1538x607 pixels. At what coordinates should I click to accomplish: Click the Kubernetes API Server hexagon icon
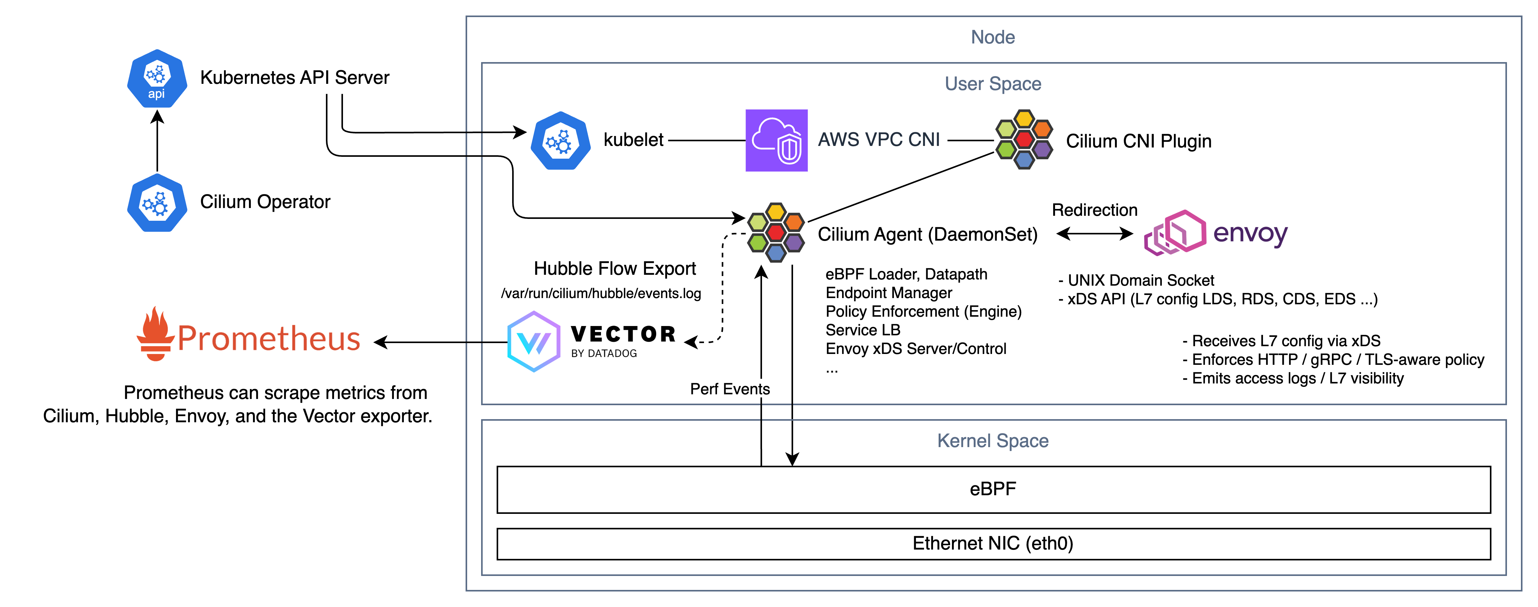[157, 79]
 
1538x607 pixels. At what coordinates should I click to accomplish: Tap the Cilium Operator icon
[157, 203]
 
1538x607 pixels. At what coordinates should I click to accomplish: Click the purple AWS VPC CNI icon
[776, 140]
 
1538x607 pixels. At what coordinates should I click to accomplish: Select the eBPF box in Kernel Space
[993, 489]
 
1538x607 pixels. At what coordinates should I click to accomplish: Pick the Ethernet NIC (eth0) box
[993, 544]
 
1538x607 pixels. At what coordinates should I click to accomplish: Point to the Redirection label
[1094, 210]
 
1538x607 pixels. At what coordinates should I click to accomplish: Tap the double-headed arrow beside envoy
[1094, 233]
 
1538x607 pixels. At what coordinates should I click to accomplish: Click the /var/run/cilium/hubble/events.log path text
[601, 293]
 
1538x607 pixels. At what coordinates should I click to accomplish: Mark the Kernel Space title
[992, 441]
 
